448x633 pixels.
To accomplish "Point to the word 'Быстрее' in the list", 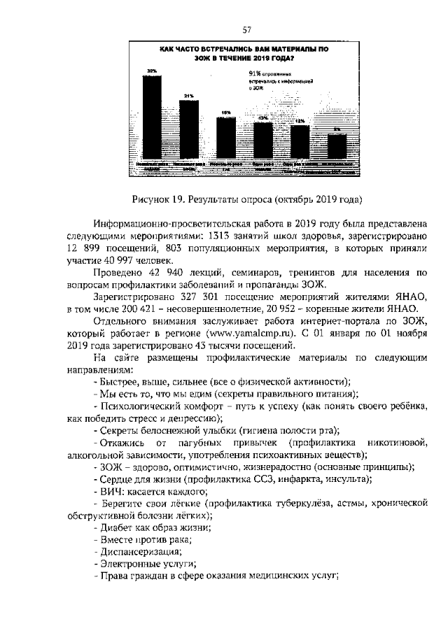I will click(116, 382).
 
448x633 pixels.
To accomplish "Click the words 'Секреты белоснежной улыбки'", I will click(164, 430).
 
